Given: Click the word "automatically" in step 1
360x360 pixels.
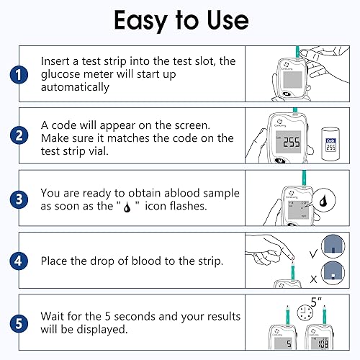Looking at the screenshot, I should pos(75,88).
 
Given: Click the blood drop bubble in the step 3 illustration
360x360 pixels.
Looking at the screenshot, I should pos(323,202).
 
